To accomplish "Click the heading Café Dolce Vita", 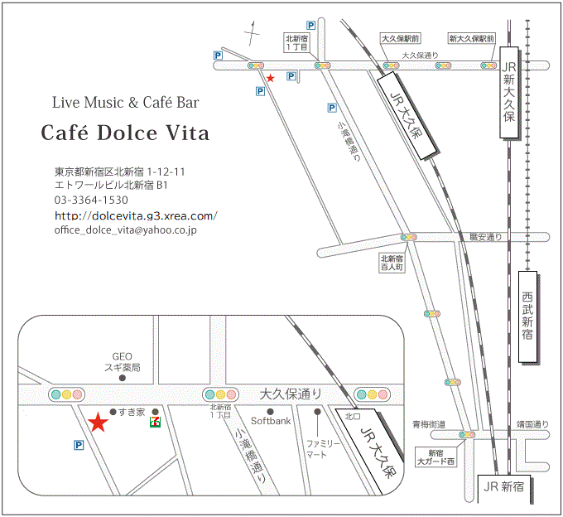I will tap(125, 133).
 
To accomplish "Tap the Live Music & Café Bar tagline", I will tap(125, 104).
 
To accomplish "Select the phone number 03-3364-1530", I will tap(91, 201).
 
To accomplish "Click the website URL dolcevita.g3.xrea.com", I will tap(136, 215).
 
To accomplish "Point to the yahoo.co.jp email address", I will tap(125, 230).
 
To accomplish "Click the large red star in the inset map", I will tap(99, 423).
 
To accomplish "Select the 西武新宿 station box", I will tap(528, 317).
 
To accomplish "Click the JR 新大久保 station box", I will tap(509, 93).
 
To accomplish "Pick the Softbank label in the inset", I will tap(272, 421).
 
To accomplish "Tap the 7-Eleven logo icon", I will tap(155, 423).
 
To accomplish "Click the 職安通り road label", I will tap(486, 237).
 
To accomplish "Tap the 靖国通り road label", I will tap(532, 423).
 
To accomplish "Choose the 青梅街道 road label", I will tap(429, 423).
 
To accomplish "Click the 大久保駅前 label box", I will tap(401, 39).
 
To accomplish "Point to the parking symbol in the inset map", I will tap(79, 445).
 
